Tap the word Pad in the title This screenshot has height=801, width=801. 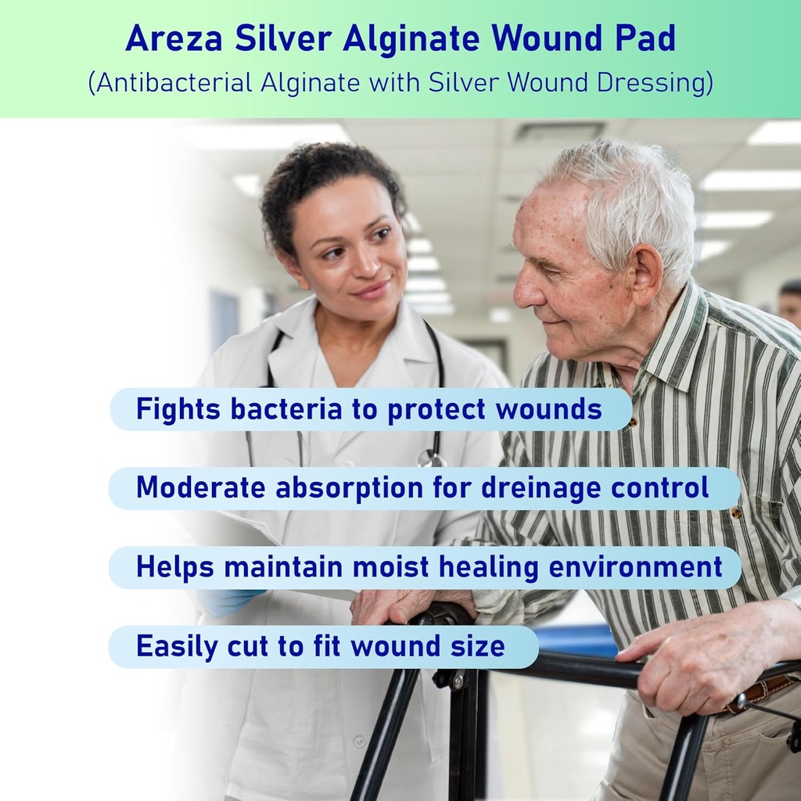pos(645,39)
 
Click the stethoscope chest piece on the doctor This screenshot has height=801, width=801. pos(429,458)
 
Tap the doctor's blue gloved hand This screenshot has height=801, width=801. pos(227,600)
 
